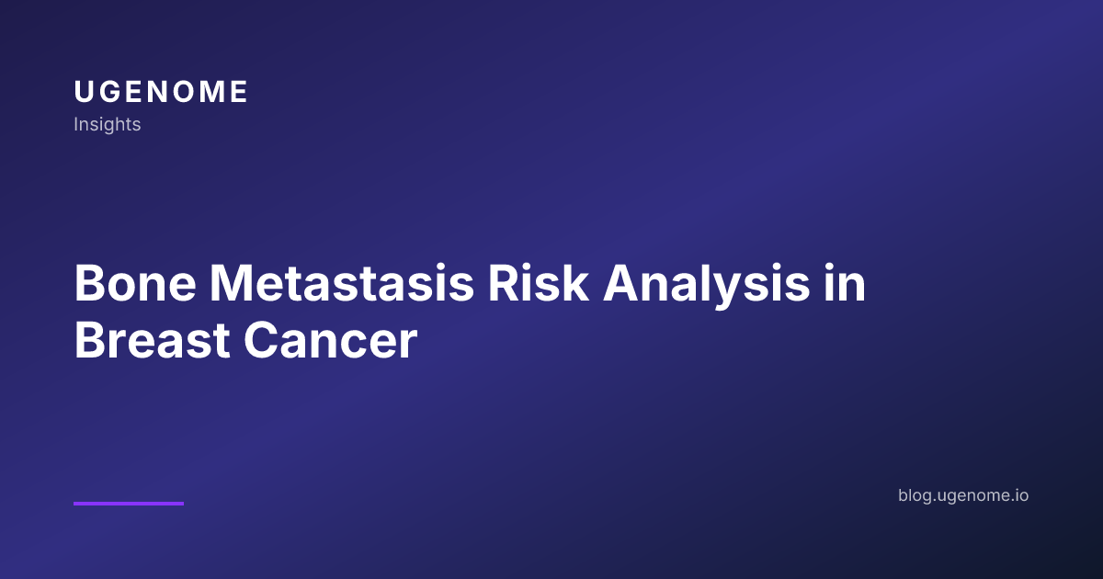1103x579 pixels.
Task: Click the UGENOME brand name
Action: pos(161,92)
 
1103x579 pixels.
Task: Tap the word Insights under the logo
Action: pos(108,124)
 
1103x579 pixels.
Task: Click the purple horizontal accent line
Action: pos(129,503)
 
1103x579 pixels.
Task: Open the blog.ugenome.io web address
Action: pos(963,495)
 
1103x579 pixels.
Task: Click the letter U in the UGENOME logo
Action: pos(84,92)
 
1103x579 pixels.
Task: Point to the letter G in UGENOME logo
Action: pos(109,92)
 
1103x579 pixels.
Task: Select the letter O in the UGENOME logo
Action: pos(186,92)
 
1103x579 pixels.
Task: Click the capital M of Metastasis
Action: pos(232,285)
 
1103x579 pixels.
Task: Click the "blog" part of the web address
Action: pos(914,495)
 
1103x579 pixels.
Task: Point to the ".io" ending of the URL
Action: pos(1019,495)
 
